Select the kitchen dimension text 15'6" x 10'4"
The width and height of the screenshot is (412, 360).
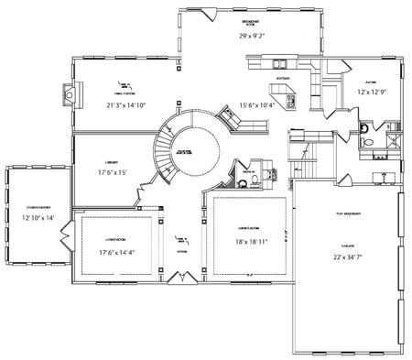coord(257,105)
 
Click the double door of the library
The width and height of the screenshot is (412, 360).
coord(143,192)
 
